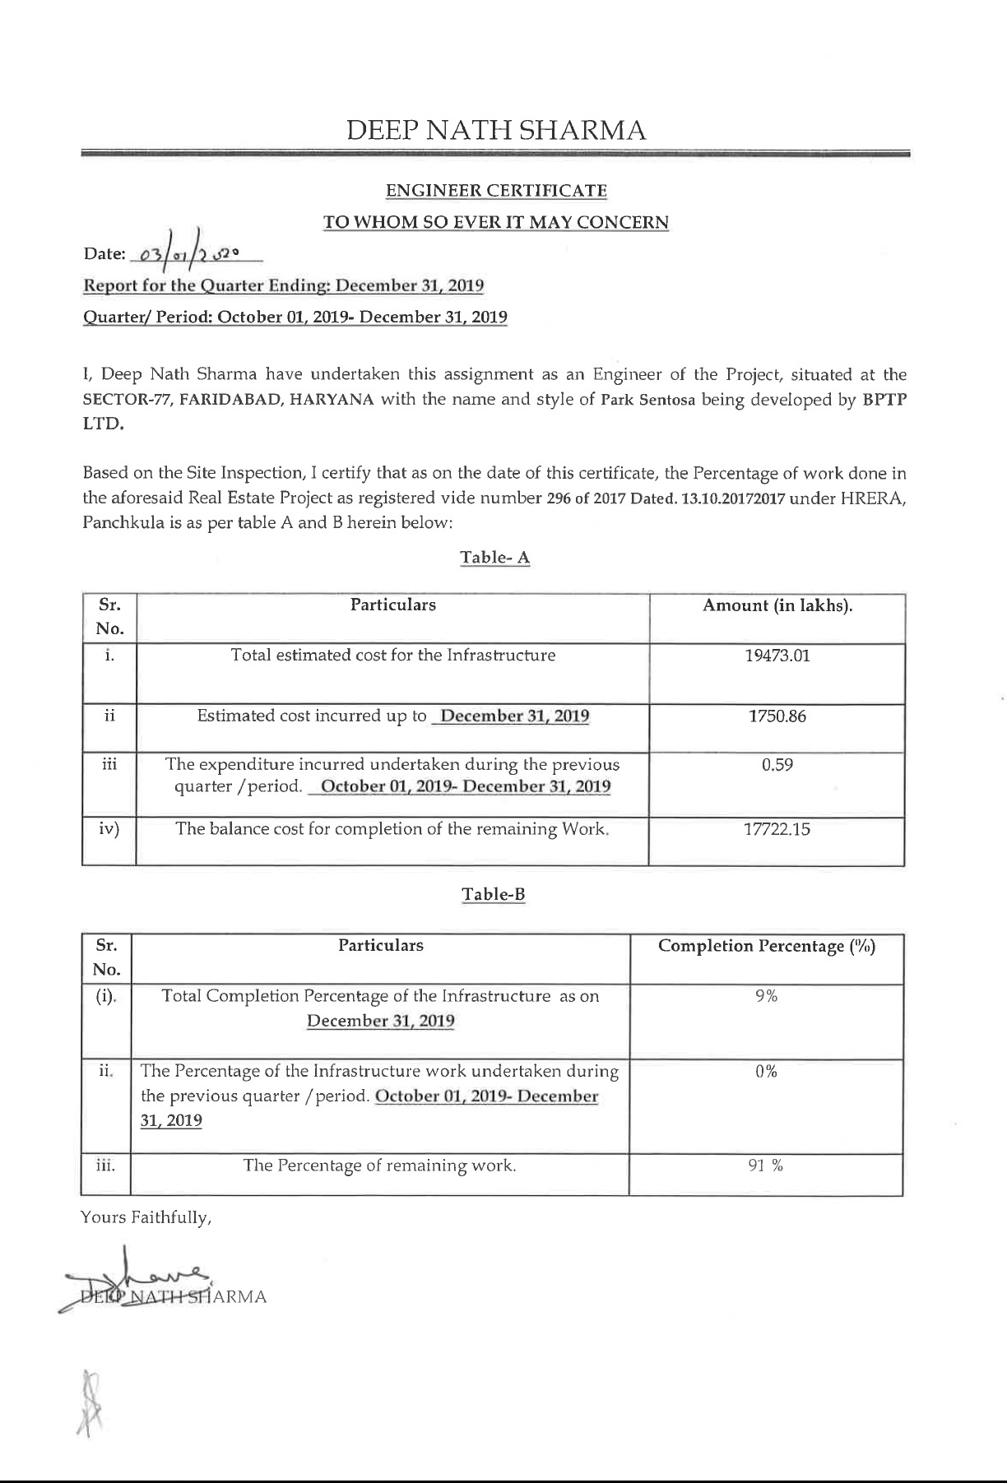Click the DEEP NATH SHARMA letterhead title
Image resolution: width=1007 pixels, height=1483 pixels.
pyautogui.click(x=496, y=130)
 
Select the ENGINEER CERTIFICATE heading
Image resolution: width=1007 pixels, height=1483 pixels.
pyautogui.click(x=496, y=191)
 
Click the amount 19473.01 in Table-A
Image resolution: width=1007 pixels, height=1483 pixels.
pyautogui.click(x=777, y=656)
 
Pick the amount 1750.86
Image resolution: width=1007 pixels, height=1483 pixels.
pyautogui.click(x=777, y=716)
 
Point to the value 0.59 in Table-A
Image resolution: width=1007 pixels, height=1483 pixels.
pyautogui.click(x=777, y=765)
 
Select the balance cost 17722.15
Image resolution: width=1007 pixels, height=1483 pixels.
pyautogui.click(x=777, y=829)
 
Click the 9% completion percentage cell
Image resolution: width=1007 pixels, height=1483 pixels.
pyautogui.click(x=766, y=996)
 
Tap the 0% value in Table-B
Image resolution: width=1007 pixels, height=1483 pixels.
pyautogui.click(x=766, y=1072)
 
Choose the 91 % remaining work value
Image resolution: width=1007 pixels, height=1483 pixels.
pyautogui.click(x=766, y=1166)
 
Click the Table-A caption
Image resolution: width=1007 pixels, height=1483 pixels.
pyautogui.click(x=494, y=558)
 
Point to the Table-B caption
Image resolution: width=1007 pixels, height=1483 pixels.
pyautogui.click(x=494, y=894)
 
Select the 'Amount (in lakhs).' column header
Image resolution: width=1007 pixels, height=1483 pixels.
pyautogui.click(x=777, y=606)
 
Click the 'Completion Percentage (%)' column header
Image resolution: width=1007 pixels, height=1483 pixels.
pyautogui.click(x=767, y=946)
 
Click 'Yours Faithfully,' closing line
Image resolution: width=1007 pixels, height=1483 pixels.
pyautogui.click(x=146, y=1217)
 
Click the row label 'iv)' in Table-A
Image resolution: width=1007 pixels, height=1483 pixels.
pyautogui.click(x=109, y=829)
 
